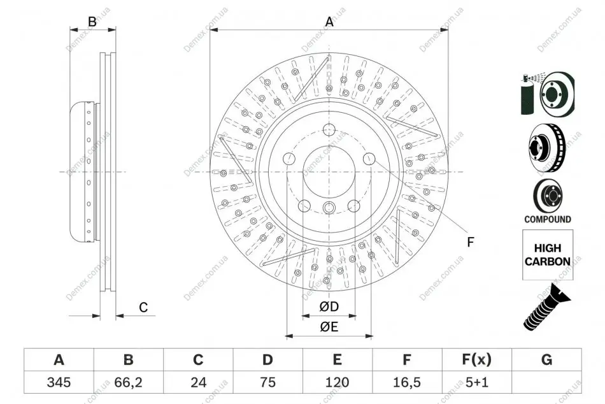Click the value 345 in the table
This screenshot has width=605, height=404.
(59, 382)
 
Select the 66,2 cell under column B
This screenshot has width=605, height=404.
(128, 382)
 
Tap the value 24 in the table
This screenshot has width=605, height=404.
(198, 382)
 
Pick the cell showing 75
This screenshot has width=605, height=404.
(267, 382)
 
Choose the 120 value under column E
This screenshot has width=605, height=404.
(337, 382)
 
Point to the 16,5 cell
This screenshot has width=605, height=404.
(406, 382)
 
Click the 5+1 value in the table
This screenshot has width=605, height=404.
(477, 382)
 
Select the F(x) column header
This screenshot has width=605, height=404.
(476, 359)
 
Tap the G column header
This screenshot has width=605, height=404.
(546, 359)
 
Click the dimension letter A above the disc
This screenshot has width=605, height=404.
(329, 22)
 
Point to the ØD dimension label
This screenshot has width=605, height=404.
(329, 307)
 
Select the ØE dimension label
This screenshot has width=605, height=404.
(329, 327)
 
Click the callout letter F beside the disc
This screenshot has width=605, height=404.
(470, 242)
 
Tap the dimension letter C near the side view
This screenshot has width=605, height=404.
(143, 307)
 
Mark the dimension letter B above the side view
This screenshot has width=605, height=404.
(92, 22)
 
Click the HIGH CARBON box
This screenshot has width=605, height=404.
(548, 255)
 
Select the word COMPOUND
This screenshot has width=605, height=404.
(548, 219)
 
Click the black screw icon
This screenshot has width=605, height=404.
(547, 307)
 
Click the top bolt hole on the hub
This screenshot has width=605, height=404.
(329, 130)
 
